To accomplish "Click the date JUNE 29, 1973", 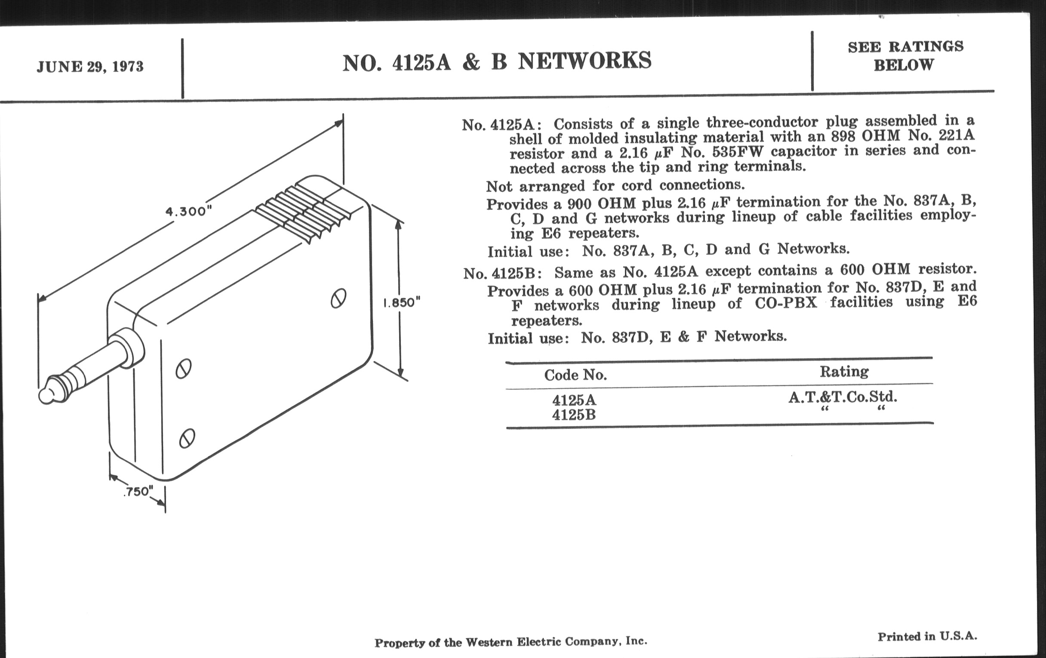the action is [90, 67].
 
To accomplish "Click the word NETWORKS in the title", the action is [585, 60].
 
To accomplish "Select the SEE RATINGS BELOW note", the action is [905, 55].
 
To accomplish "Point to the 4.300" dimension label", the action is [188, 212].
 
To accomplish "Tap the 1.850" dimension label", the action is [402, 302].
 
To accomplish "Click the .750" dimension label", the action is [138, 491].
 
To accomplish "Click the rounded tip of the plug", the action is [46, 395].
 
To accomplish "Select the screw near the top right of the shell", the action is [338, 298].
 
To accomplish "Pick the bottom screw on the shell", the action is [187, 438].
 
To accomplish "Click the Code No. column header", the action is [575, 375].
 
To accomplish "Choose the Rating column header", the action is [844, 371].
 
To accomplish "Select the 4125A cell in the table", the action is [574, 400].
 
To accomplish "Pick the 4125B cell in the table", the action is [574, 415].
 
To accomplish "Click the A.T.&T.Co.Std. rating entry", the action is [843, 397].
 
